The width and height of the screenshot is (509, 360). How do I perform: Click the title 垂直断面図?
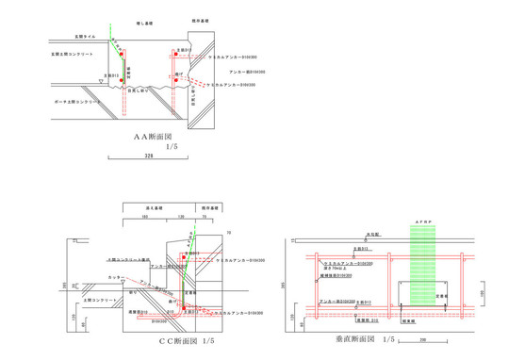(361, 337)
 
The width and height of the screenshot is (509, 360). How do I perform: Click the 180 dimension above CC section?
(145, 216)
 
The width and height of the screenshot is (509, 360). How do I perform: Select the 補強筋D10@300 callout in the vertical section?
(337, 276)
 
